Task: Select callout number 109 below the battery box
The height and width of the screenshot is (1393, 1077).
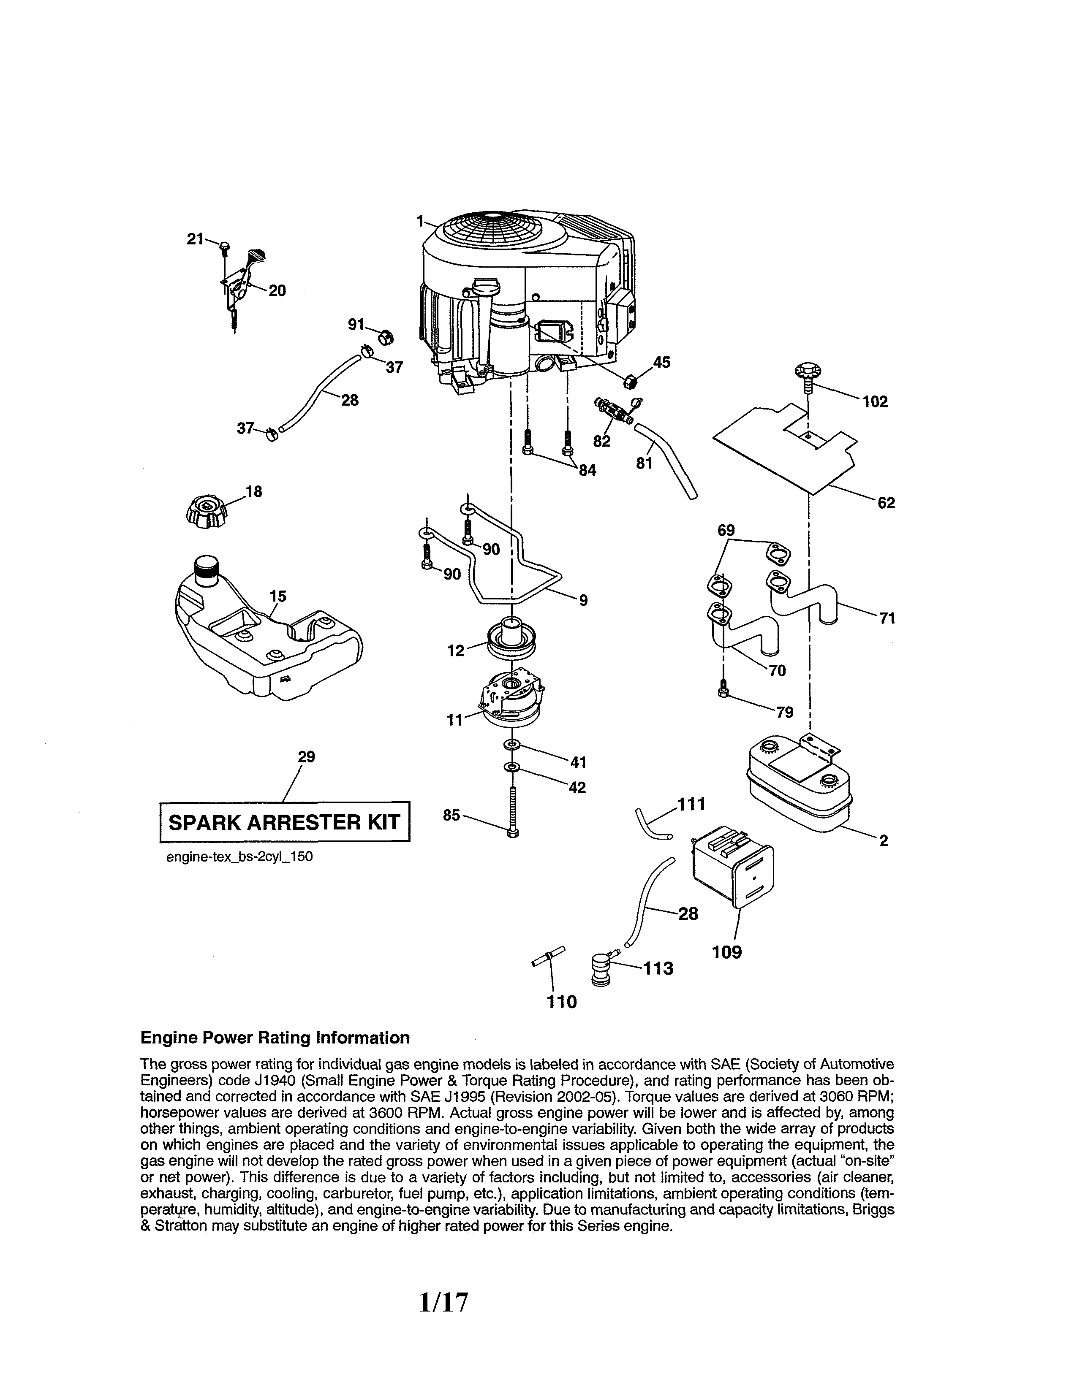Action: pyautogui.click(x=727, y=952)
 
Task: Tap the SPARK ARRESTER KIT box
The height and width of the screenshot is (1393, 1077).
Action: pyautogui.click(x=284, y=821)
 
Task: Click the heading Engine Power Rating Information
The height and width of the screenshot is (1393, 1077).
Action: pyautogui.click(x=275, y=1038)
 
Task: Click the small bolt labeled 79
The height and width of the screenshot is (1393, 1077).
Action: pyautogui.click(x=723, y=688)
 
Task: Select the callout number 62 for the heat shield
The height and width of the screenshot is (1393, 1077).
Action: pyautogui.click(x=886, y=503)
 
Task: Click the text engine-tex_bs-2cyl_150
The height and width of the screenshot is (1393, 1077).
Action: pyautogui.click(x=239, y=856)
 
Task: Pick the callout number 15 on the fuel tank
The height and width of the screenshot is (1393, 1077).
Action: pyautogui.click(x=277, y=596)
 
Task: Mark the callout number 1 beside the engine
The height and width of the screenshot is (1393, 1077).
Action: pyautogui.click(x=420, y=221)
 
